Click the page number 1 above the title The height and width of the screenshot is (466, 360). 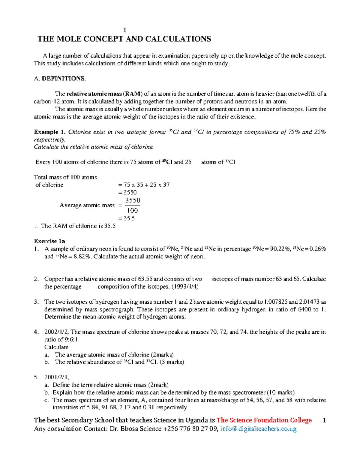[x=125, y=30]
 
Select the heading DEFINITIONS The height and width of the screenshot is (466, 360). [x=64, y=79]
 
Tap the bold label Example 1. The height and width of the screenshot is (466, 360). [x=49, y=132]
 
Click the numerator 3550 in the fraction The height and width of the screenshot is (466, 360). [x=133, y=200]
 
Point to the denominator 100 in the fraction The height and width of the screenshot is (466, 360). [x=132, y=211]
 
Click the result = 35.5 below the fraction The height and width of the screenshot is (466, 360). [x=127, y=218]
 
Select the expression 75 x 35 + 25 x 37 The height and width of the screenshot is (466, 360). [x=146, y=185]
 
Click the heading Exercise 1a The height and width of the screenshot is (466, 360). [x=49, y=241]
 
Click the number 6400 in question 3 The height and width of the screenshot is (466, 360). [x=304, y=309]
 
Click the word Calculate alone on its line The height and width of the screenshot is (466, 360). [x=56, y=347]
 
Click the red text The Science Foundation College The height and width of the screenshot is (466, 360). [x=264, y=420]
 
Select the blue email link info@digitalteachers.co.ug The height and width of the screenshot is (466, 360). [x=258, y=429]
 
